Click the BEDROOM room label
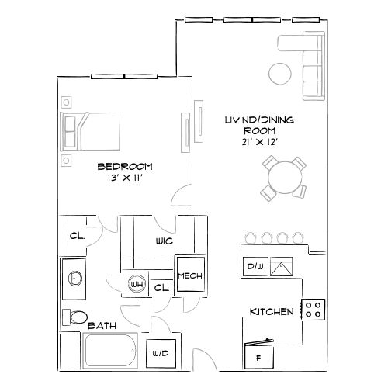[x=124, y=166]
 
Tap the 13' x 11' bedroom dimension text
[x=124, y=178]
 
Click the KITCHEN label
[x=271, y=312]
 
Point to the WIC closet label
[x=164, y=241]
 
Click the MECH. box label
[x=189, y=275]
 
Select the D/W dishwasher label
[x=255, y=266]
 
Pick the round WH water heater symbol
[x=137, y=285]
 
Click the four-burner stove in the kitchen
[x=314, y=310]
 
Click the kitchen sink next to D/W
[x=281, y=266]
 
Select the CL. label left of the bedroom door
[x=77, y=237]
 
